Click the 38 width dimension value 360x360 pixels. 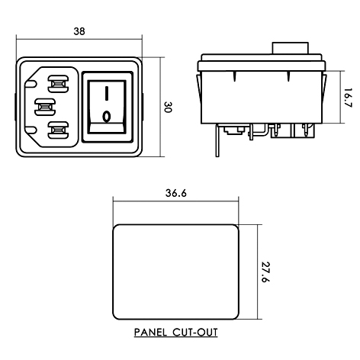coord(78,31)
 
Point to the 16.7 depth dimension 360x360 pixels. coord(347,97)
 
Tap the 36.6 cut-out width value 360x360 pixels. coord(176,194)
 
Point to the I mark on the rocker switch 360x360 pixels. coord(108,93)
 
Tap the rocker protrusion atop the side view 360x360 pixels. coord(291,50)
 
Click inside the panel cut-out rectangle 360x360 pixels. coord(176,273)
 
